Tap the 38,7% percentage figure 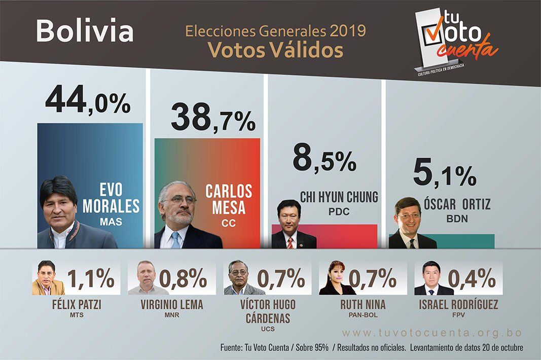[x=213, y=118]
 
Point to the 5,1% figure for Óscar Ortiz [x=445, y=173]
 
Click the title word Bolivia [x=85, y=31]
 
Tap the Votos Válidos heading [x=275, y=50]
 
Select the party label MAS [x=111, y=222]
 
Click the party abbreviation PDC [x=339, y=211]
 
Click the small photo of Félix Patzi [x=48, y=278]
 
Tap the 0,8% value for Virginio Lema [x=183, y=278]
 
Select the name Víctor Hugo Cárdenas [x=268, y=311]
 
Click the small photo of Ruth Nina [x=337, y=278]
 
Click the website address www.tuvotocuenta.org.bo [x=431, y=333]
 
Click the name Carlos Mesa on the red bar [x=229, y=199]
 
